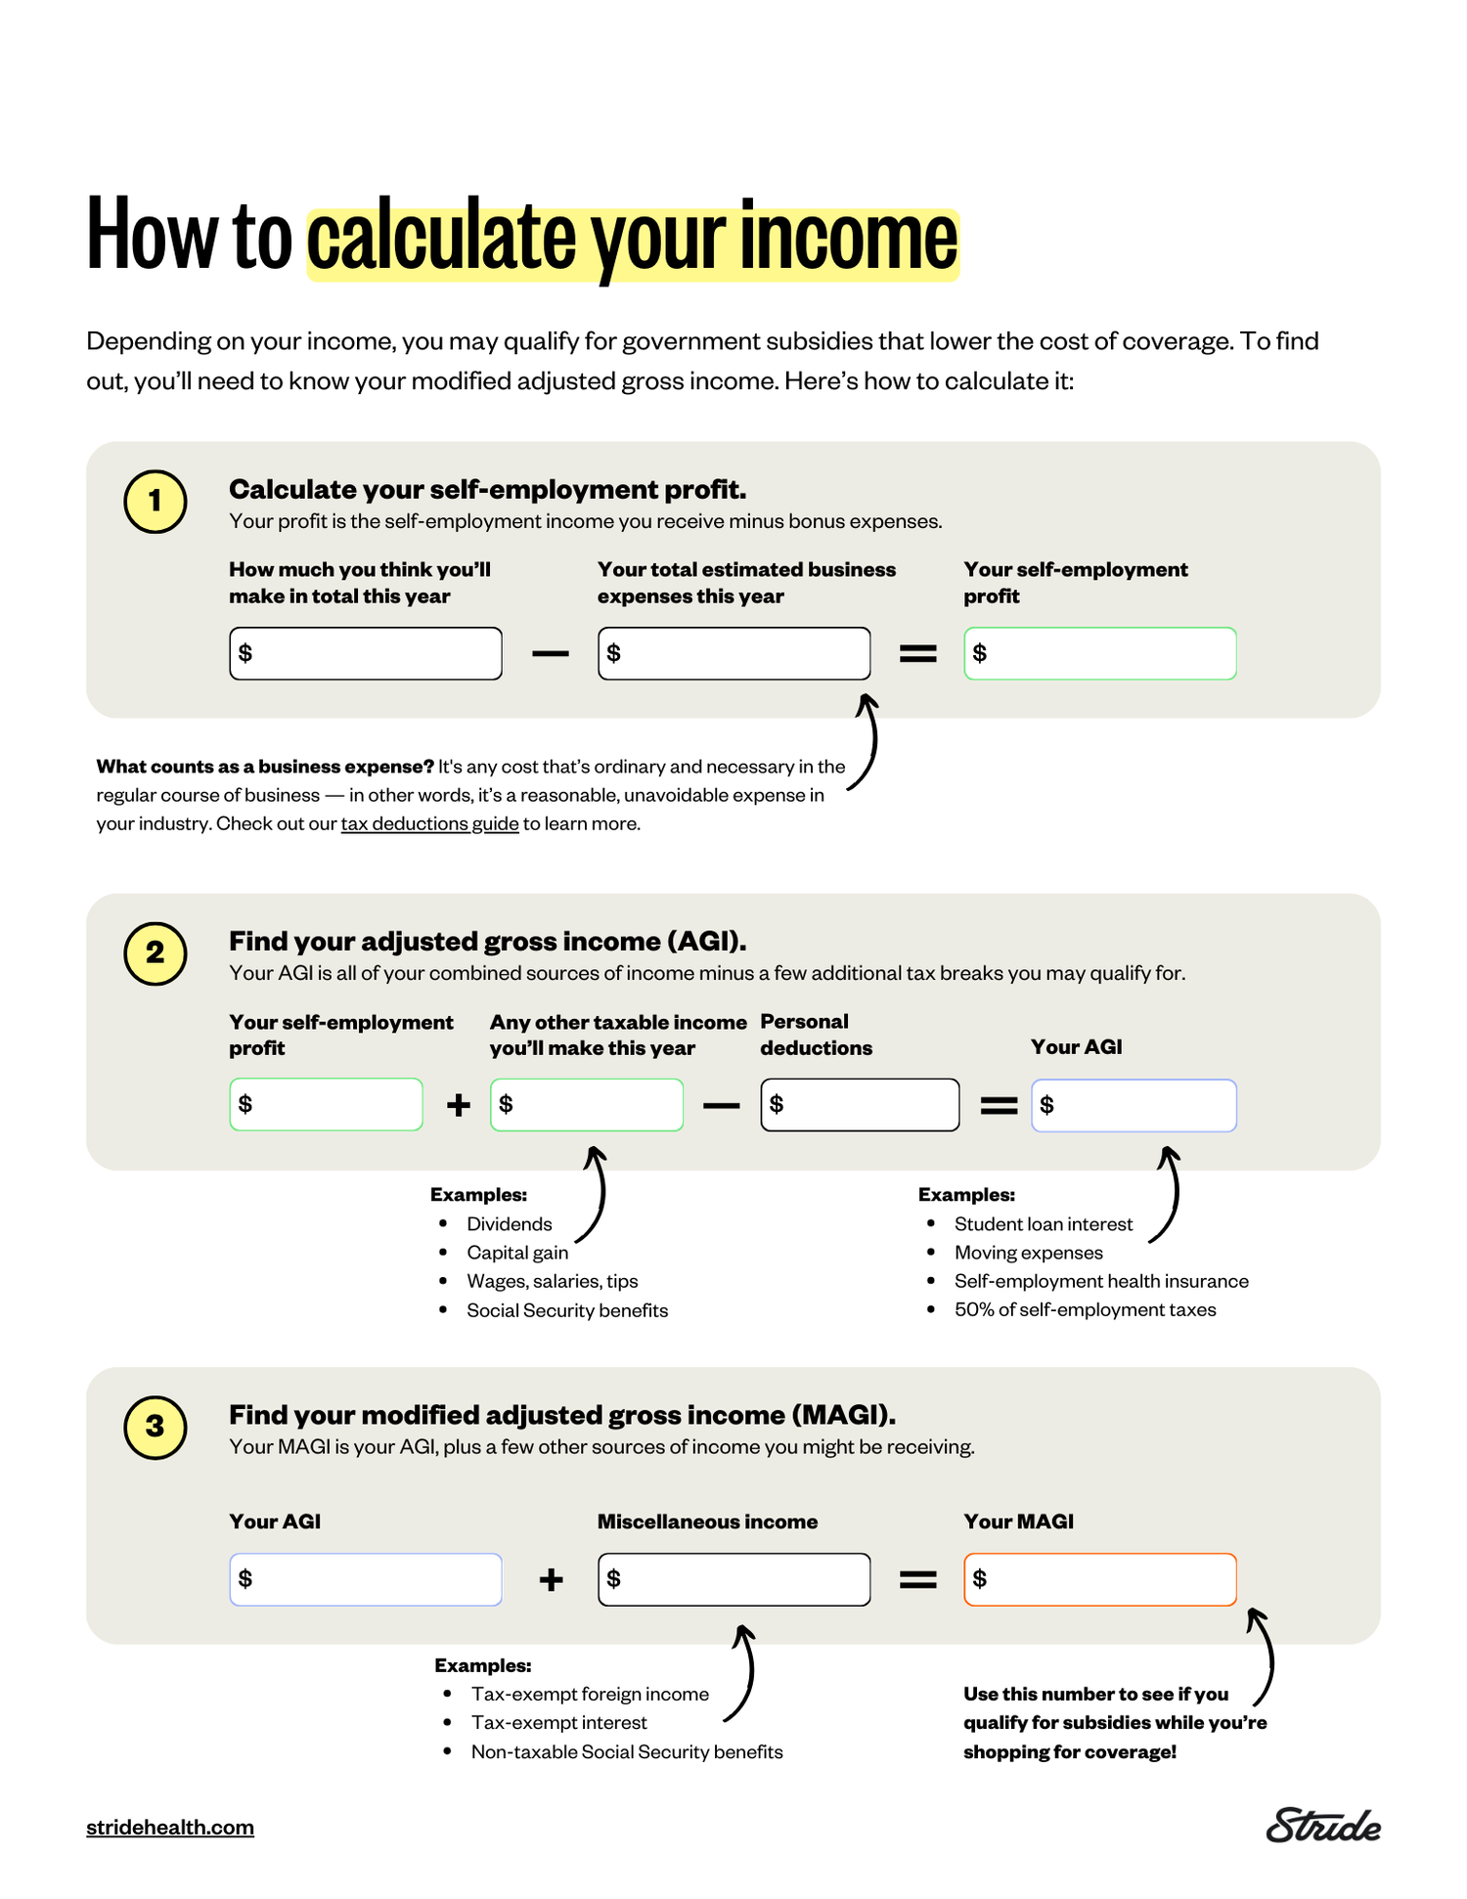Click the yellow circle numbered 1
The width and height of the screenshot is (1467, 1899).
coord(155,502)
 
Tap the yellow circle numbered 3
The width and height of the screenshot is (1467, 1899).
coord(155,1427)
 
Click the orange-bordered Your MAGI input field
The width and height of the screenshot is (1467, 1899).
coord(1099,1578)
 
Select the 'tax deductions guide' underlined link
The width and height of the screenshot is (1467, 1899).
coord(429,823)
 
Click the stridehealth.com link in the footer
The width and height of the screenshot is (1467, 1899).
coord(170,1827)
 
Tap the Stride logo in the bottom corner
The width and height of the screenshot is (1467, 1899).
coord(1322,1825)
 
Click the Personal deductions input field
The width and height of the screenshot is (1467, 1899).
coord(859,1104)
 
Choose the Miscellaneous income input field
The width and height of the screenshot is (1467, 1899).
coord(733,1578)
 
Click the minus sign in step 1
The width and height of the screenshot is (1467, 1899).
coord(551,653)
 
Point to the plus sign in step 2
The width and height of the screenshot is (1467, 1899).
coord(458,1105)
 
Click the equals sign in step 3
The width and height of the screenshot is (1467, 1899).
coord(917,1578)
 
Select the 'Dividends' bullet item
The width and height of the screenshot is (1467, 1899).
coord(509,1224)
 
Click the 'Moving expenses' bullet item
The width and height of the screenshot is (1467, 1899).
coord(1028,1253)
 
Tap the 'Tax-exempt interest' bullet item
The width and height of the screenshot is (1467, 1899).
coord(558,1722)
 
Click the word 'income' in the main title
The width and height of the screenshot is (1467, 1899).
coord(848,238)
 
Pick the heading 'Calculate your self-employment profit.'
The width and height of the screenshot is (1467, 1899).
coord(487,489)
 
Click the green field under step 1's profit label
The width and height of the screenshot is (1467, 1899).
coord(1099,653)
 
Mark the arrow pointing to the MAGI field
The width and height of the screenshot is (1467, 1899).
coord(1264,1656)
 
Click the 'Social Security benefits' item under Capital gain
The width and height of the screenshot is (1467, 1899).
coord(566,1310)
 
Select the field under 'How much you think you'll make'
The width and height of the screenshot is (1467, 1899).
coord(365,653)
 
